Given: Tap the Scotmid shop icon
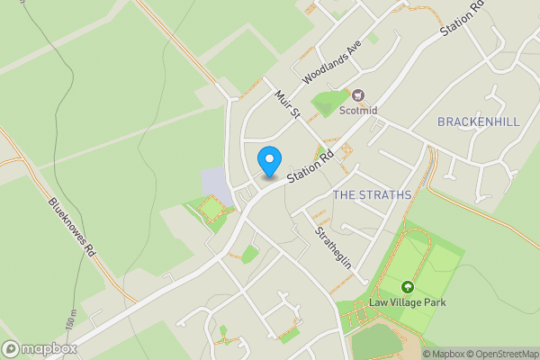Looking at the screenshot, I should point(358,95).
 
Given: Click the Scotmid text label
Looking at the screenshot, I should point(358,112).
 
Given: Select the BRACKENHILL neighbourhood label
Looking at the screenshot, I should point(478,121).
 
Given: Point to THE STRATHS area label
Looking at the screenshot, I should point(372,194).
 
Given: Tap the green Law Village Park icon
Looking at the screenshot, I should point(408,287).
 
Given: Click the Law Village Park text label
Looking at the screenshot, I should point(408,302).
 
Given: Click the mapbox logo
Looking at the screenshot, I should point(40,348).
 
